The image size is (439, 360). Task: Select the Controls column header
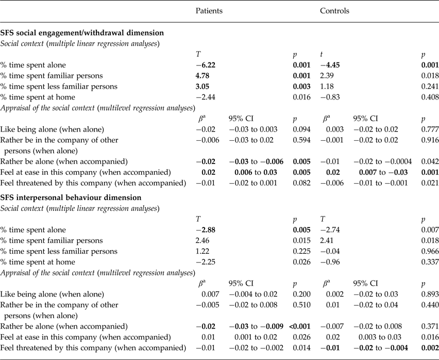coord(334,10)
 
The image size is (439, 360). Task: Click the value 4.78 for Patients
coord(205,75)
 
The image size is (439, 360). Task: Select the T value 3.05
coord(205,86)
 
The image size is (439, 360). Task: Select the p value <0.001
coord(299,325)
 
